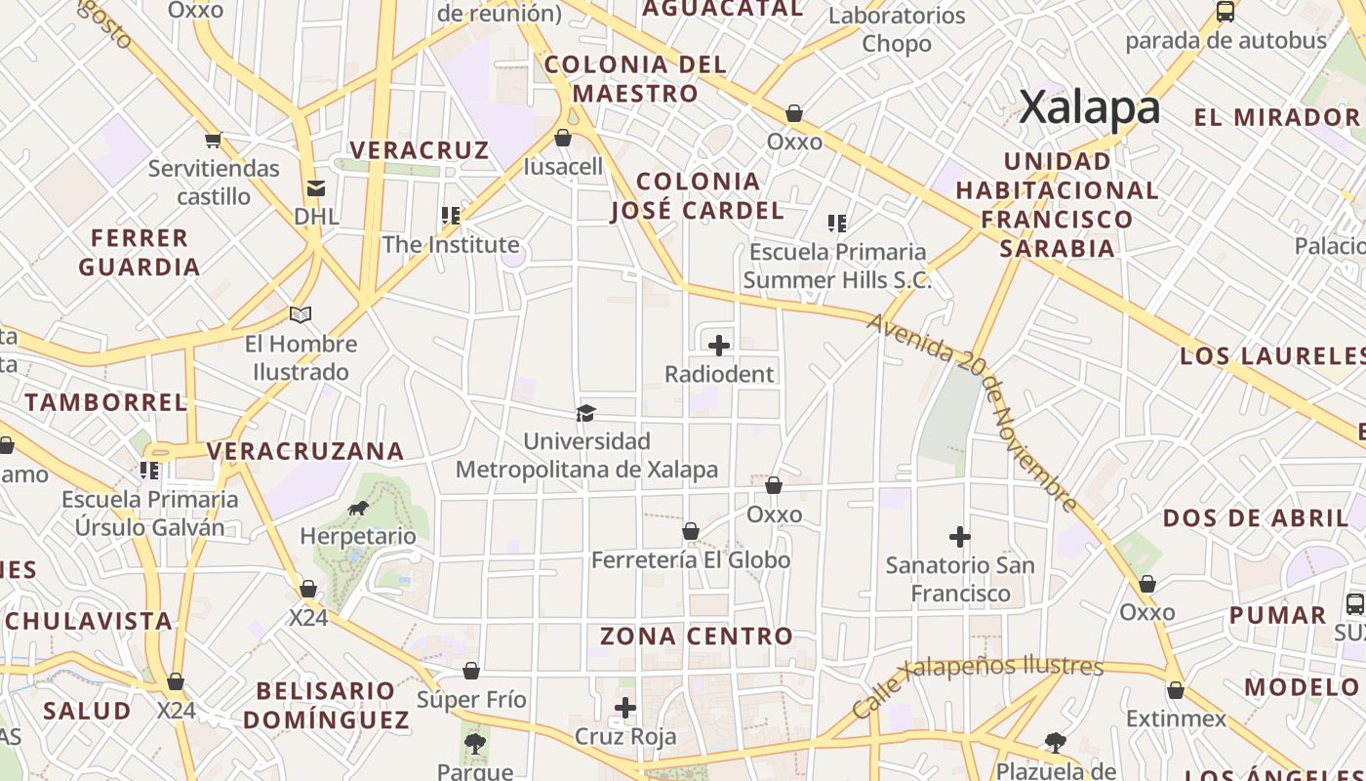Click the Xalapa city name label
pyautogui.click(x=1090, y=107)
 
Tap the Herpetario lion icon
pyautogui.click(x=358, y=508)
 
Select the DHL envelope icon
pyautogui.click(x=315, y=188)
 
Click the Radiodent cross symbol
pyautogui.click(x=719, y=346)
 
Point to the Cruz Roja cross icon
pyautogui.click(x=625, y=708)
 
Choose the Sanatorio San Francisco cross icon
pyautogui.click(x=960, y=536)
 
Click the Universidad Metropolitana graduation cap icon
pyautogui.click(x=585, y=413)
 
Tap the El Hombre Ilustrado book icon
pyautogui.click(x=301, y=314)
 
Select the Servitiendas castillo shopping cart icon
pyautogui.click(x=214, y=140)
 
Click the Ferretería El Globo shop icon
pyautogui.click(x=691, y=531)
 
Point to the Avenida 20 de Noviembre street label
pyautogui.click(x=972, y=412)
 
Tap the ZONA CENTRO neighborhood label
pyautogui.click(x=697, y=637)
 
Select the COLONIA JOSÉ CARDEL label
pyautogui.click(x=698, y=195)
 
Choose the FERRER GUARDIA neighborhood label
pyautogui.click(x=140, y=252)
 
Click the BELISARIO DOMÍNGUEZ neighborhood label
pyautogui.click(x=326, y=705)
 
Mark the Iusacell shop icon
pyautogui.click(x=563, y=138)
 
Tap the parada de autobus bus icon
pyautogui.click(x=1225, y=12)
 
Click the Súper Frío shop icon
pyautogui.click(x=471, y=671)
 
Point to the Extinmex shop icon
pyautogui.click(x=1176, y=690)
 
